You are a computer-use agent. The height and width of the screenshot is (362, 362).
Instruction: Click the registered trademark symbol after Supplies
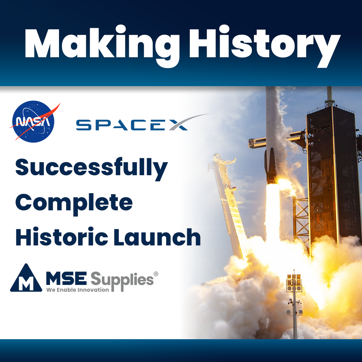click(x=156, y=274)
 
